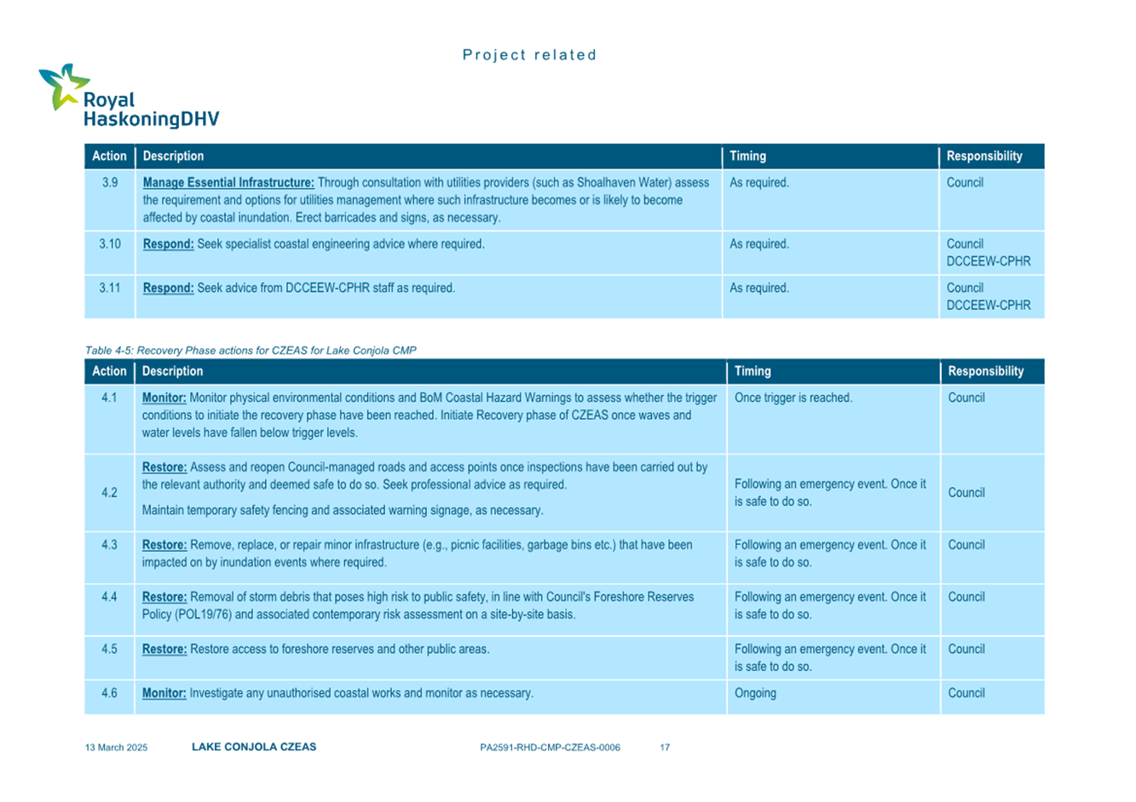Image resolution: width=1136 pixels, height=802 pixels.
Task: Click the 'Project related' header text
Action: click(x=529, y=55)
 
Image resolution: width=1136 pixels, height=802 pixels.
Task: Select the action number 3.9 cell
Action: click(x=109, y=182)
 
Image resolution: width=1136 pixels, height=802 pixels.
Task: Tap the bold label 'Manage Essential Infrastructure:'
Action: click(x=228, y=182)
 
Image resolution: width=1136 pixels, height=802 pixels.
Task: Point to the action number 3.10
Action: click(x=109, y=243)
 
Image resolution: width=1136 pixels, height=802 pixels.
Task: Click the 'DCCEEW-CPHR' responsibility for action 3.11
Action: click(x=989, y=305)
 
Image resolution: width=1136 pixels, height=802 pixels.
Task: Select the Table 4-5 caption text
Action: click(x=251, y=350)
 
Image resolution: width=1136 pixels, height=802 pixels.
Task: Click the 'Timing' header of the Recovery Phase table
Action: click(x=753, y=371)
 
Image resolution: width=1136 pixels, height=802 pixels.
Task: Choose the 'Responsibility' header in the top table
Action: click(x=984, y=156)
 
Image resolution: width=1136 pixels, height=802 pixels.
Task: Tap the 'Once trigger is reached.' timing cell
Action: click(x=793, y=398)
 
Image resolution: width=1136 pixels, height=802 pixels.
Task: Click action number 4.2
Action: click(x=109, y=492)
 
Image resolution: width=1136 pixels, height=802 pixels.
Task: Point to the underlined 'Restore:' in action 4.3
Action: click(x=164, y=545)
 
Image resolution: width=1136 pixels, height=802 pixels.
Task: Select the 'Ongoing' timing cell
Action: click(x=755, y=693)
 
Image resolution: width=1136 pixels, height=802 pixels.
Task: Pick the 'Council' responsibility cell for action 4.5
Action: click(x=966, y=649)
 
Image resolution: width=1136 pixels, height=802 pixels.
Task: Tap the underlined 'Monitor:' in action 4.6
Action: click(x=164, y=693)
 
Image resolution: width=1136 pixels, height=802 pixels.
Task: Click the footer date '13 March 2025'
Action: click(x=116, y=748)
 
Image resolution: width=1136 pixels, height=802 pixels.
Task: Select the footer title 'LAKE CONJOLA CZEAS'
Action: click(x=254, y=747)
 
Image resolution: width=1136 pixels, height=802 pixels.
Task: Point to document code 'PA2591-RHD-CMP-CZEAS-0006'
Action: click(x=550, y=748)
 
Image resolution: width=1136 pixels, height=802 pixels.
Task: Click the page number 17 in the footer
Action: click(x=665, y=748)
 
